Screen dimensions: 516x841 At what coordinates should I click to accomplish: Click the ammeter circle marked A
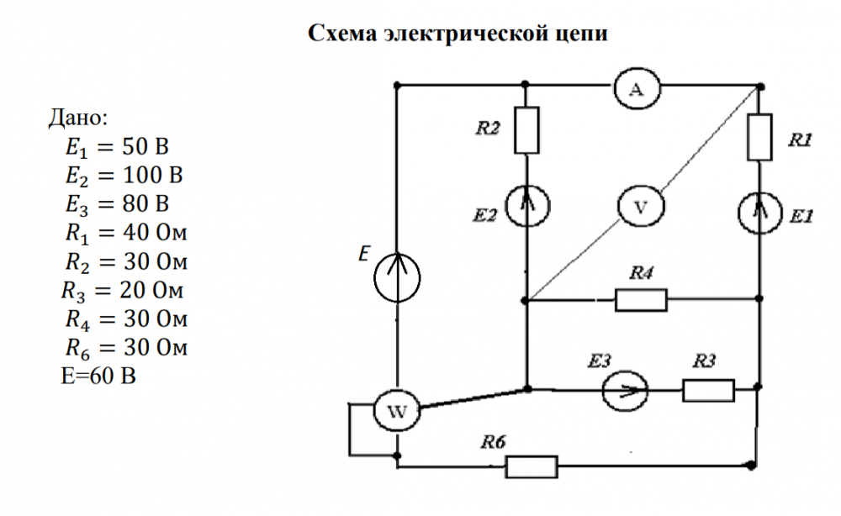click(x=637, y=91)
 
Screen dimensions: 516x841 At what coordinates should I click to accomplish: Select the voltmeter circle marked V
click(x=640, y=207)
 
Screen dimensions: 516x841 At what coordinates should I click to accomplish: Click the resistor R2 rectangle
click(x=527, y=130)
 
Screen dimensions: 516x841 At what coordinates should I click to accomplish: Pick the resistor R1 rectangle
click(x=759, y=138)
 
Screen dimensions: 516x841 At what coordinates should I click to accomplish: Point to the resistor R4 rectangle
click(x=641, y=298)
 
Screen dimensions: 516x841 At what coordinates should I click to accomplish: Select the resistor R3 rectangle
click(x=708, y=390)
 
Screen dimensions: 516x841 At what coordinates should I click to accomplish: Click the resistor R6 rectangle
click(x=532, y=466)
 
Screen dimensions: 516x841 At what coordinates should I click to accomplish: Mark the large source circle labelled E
click(x=397, y=277)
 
